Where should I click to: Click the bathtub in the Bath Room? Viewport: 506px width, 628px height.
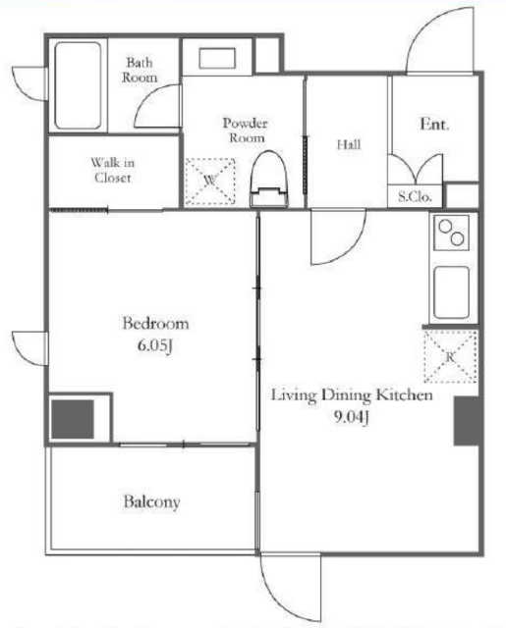[x=78, y=85]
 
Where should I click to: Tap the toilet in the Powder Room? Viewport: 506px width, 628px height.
[x=269, y=179]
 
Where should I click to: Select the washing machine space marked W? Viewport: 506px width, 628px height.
[x=210, y=181]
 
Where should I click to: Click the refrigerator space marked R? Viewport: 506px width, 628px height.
[x=450, y=356]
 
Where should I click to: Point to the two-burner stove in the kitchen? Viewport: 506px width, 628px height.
[x=452, y=233]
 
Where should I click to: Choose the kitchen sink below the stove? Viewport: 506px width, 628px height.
[x=452, y=292]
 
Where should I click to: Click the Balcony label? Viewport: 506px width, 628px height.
[x=151, y=502]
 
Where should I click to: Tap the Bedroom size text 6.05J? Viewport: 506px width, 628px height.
[x=155, y=345]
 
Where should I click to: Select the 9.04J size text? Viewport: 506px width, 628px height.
[x=351, y=417]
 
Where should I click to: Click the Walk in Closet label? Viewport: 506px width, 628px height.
[x=113, y=170]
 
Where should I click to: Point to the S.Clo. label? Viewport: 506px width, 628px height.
[x=415, y=196]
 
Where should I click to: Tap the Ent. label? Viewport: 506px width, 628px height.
[x=434, y=125]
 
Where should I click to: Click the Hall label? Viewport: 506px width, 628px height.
[x=349, y=144]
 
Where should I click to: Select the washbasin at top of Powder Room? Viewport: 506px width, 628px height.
[x=217, y=59]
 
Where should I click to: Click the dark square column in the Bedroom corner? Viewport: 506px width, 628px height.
[x=72, y=419]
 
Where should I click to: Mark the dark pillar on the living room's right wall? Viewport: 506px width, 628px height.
[x=467, y=421]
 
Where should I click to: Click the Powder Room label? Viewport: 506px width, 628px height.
[x=246, y=131]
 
